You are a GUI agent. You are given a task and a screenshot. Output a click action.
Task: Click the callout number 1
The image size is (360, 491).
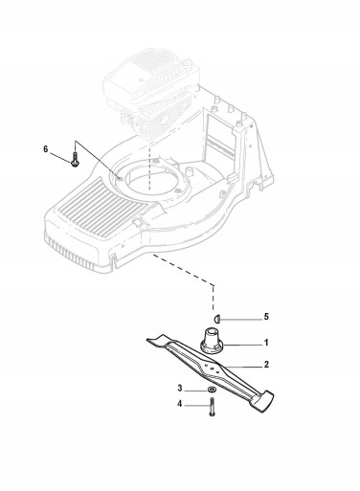point(266,343)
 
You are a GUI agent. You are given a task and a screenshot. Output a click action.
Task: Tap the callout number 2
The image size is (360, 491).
point(266,364)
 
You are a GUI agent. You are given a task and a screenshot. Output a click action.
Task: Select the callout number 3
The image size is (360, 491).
point(180,388)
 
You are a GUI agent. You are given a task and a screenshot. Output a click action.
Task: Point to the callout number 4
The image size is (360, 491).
point(180,404)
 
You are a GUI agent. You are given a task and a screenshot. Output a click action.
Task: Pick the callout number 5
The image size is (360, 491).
point(266,317)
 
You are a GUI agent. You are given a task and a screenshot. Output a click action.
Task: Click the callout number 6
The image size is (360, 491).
point(46,149)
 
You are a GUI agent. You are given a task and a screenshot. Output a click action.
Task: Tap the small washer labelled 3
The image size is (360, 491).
point(211,390)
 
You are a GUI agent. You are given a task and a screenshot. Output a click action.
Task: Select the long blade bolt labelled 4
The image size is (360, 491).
point(212,407)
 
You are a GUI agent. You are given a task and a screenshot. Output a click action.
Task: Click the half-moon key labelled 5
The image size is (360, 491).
point(216,318)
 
